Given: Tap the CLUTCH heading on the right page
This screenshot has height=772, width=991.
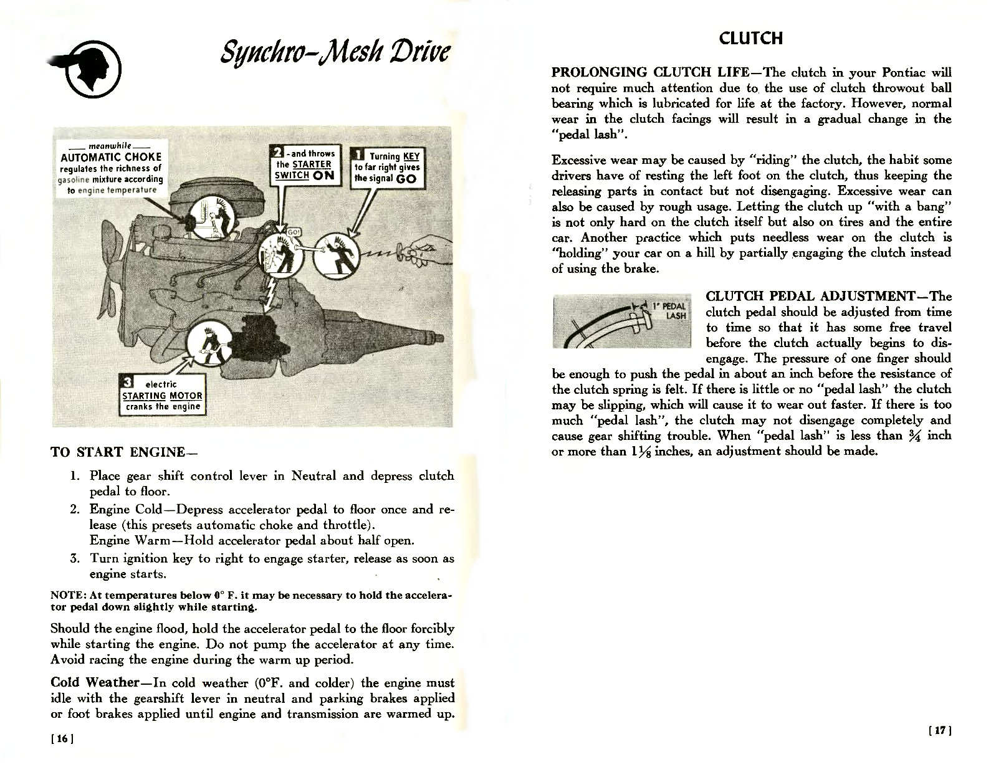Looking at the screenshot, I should tap(750, 38).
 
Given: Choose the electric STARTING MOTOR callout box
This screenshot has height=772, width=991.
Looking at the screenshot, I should tap(162, 395).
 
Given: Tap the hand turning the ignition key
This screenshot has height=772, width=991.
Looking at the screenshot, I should tap(424, 250).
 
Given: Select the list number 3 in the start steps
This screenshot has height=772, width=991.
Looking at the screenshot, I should tap(74, 558).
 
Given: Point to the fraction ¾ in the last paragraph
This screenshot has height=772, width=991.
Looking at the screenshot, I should tap(914, 435).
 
